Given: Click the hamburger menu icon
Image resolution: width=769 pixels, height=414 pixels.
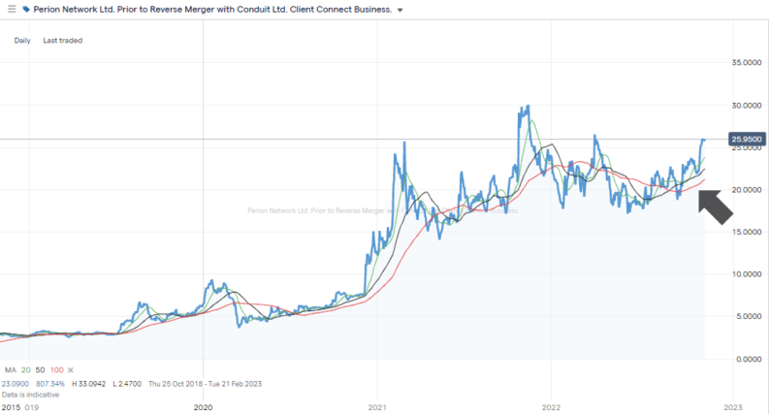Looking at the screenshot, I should point(12,9).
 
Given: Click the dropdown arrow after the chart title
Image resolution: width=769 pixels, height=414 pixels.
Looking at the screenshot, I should point(401,10).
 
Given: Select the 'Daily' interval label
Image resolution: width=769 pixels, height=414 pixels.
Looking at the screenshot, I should point(23,41).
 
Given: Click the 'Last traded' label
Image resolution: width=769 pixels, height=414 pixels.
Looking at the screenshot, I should point(62,41).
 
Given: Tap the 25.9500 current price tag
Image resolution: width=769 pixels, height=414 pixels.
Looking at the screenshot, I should point(747,140).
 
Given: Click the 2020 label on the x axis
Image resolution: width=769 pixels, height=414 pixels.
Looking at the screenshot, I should point(203,408).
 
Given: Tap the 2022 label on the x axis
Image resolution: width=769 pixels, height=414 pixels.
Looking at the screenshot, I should point(552,408).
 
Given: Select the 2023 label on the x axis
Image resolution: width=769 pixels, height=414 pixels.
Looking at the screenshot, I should point(732,408).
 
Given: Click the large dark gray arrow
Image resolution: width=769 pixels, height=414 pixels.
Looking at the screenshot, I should point(716,207).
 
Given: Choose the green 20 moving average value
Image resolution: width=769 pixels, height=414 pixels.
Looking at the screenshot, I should point(24,370).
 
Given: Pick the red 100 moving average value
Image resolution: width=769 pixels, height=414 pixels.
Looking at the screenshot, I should point(56,370).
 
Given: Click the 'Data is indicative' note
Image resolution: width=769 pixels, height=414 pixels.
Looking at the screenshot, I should point(31,395).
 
